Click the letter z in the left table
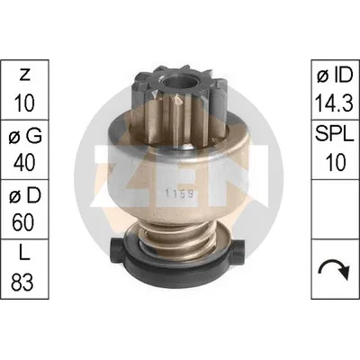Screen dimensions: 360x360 [x=24, y=76]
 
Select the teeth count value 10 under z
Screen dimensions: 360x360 [x=24, y=103]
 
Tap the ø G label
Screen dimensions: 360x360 [x=25, y=137]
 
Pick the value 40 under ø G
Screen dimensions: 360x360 [x=24, y=162]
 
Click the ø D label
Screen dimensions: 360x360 [x=24, y=196]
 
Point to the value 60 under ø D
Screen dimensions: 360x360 [x=24, y=222]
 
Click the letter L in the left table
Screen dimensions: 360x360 [x=24, y=256]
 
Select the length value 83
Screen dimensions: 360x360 [x=22, y=282]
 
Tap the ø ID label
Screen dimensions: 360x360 [x=335, y=76]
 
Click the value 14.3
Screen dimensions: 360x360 [x=334, y=103]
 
